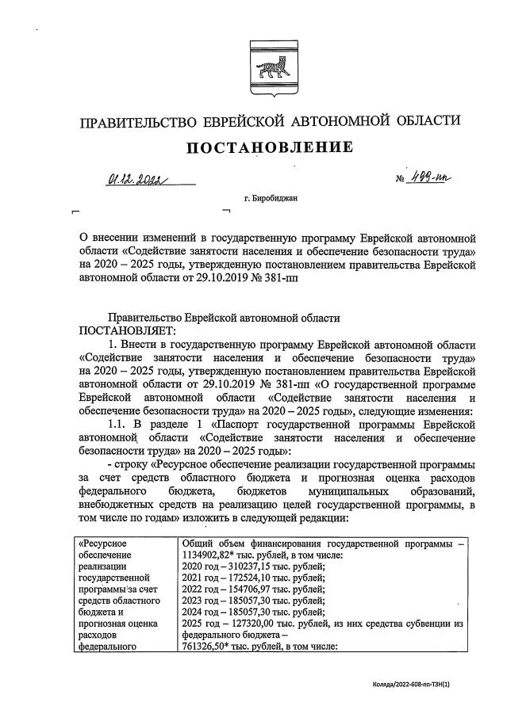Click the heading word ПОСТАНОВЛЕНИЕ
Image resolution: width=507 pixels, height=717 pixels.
[269, 148]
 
